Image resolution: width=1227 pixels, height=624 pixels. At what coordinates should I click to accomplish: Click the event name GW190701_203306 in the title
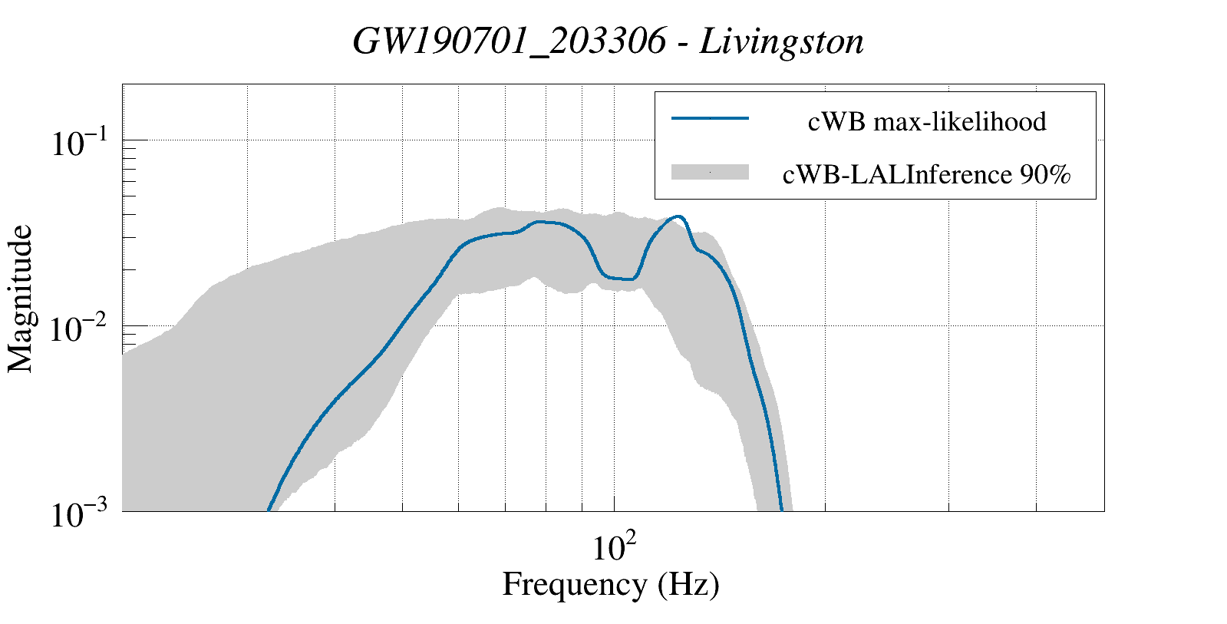(508, 42)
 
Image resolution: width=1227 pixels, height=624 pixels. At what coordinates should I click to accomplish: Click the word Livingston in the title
(782, 42)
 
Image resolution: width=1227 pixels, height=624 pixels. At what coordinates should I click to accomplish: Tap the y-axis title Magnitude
(21, 299)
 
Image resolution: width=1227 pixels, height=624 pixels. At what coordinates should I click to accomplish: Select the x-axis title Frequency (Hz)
(611, 585)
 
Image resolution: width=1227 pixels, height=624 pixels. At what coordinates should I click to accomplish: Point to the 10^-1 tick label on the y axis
(81, 144)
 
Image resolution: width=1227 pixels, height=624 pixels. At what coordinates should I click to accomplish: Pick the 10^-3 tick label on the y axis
(81, 515)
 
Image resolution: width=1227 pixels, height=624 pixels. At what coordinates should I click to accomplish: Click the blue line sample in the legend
(710, 118)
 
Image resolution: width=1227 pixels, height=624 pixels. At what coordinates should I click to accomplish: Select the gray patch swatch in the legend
(710, 173)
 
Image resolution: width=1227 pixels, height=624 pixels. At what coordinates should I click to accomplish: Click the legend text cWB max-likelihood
(927, 121)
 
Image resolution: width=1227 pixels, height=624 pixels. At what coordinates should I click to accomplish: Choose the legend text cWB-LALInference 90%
(926, 175)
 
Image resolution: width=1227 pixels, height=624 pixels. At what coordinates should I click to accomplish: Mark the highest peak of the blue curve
(677, 216)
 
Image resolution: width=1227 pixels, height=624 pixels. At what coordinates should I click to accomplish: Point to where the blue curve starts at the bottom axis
(268, 509)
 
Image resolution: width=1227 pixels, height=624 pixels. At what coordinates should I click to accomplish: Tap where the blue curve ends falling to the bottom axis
(781, 509)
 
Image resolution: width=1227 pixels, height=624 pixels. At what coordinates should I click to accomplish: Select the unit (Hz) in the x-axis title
(688, 585)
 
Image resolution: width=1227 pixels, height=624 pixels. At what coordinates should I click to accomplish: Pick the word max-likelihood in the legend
(959, 121)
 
